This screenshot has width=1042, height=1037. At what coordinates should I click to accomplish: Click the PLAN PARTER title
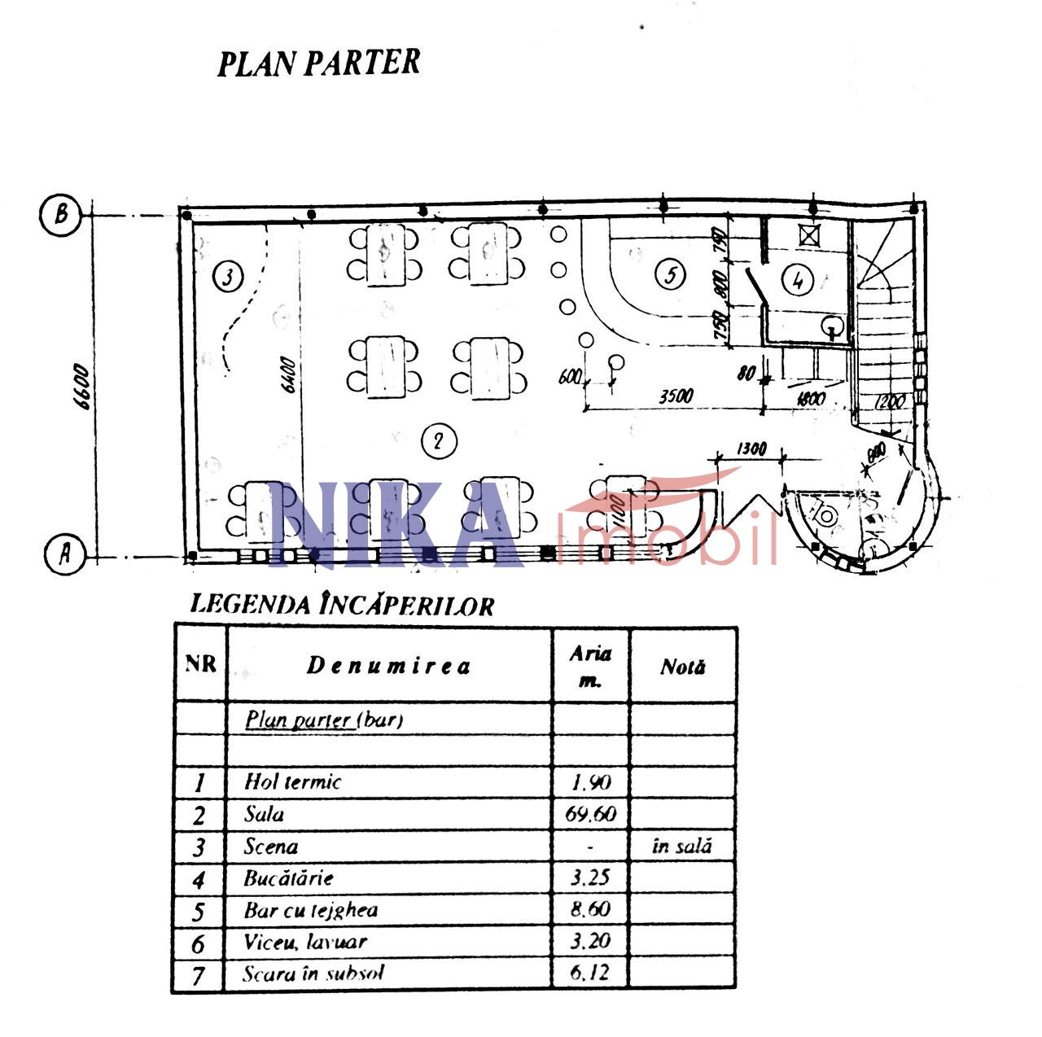(318, 63)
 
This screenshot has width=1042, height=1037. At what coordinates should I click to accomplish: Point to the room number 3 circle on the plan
(227, 277)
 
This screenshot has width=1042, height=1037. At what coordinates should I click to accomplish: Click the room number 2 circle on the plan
(439, 441)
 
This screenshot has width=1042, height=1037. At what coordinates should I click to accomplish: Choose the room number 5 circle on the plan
(670, 274)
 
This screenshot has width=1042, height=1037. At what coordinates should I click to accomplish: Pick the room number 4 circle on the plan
(797, 280)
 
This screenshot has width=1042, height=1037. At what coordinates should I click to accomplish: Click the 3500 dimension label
(676, 396)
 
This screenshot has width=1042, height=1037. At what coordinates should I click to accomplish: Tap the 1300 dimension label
(751, 448)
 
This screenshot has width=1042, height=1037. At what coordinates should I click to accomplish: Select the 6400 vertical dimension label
(288, 374)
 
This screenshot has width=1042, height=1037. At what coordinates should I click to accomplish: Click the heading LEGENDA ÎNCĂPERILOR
(342, 606)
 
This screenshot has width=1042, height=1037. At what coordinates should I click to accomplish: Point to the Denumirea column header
(388, 666)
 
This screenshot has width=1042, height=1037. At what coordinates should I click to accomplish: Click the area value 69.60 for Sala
(591, 814)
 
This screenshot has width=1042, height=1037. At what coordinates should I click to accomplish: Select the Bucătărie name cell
(289, 878)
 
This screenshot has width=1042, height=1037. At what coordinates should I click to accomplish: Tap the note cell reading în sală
(682, 847)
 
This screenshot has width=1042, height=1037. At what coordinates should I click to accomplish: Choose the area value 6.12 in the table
(590, 973)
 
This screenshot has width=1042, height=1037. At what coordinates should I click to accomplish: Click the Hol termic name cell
(293, 782)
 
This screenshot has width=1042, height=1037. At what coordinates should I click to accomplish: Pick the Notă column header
(682, 667)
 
